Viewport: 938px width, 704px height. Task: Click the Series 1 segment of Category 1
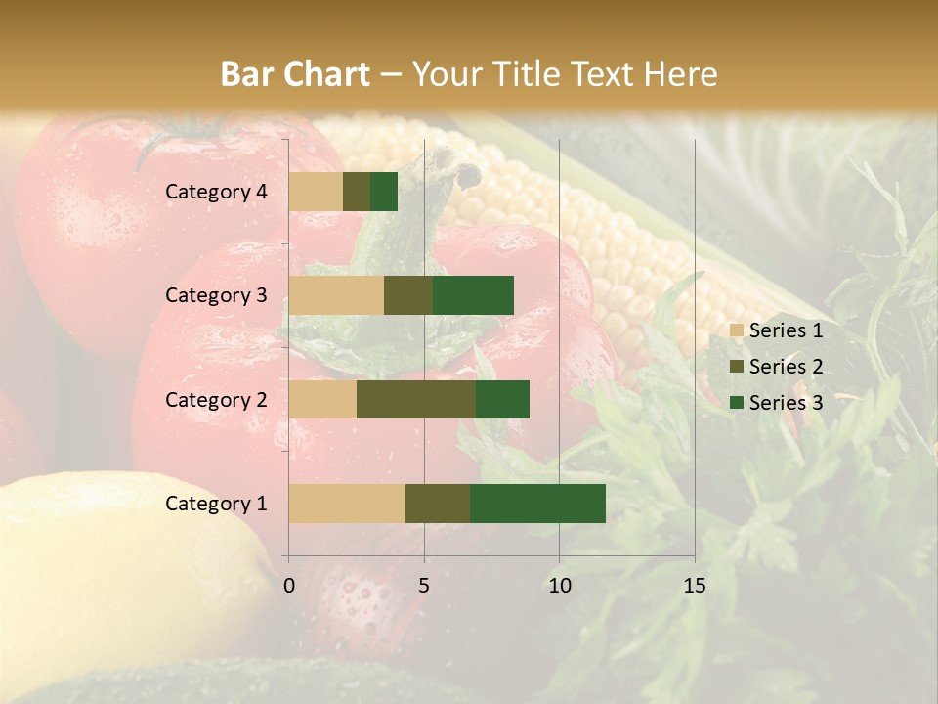347,504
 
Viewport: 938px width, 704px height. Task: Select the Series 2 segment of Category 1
438,504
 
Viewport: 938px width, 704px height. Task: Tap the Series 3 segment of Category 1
537,504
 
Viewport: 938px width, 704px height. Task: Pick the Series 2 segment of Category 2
416,399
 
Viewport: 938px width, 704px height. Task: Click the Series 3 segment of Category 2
502,399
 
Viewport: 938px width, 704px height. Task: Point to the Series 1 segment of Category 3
336,295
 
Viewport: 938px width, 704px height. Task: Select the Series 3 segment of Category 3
473,295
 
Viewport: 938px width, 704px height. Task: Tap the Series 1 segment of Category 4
316,192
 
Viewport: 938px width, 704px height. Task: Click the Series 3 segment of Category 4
384,192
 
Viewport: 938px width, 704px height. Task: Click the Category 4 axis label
216,192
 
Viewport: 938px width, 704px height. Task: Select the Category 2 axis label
216,399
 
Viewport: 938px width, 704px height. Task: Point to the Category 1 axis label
216,504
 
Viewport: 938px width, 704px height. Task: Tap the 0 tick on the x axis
289,586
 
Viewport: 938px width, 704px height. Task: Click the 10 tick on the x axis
559,586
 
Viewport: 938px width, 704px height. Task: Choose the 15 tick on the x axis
694,586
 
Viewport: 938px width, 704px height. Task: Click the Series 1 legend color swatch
737,330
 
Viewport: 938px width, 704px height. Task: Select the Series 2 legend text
786,367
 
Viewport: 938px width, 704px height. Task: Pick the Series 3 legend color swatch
737,403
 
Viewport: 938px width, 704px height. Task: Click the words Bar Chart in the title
295,73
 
